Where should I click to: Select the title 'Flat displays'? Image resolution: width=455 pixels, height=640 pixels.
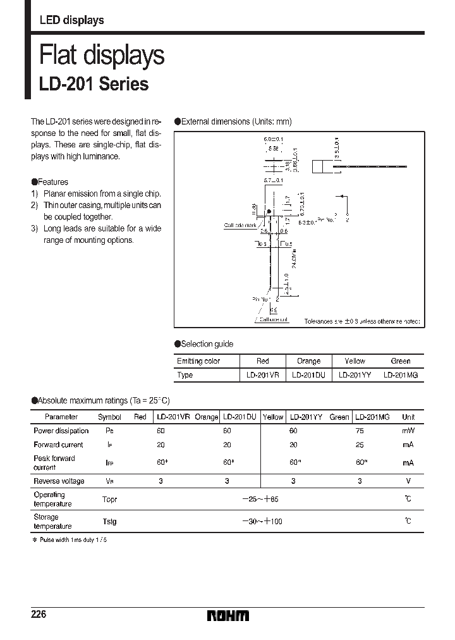[x=102, y=56]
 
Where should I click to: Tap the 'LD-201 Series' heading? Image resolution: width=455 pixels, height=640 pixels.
[x=94, y=84]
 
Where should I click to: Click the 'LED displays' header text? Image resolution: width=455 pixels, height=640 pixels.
[x=71, y=20]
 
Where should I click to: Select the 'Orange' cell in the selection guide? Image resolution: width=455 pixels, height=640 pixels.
[x=308, y=361]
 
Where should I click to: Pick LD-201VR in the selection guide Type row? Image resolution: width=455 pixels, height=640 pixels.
[x=262, y=375]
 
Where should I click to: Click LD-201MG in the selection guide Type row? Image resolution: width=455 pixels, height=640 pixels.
[x=401, y=375]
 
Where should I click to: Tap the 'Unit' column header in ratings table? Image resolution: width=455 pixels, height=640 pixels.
[x=408, y=417]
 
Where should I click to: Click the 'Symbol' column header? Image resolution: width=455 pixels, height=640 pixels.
[x=109, y=417]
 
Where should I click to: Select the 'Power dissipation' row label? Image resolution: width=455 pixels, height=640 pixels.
[x=61, y=431]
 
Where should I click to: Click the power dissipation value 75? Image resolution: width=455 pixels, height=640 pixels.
[x=360, y=431]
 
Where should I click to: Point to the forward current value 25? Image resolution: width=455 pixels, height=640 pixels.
[x=360, y=445]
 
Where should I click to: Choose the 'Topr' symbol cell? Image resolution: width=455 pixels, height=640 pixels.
[x=109, y=499]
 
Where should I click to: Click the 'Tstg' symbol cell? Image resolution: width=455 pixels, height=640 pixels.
[x=109, y=522]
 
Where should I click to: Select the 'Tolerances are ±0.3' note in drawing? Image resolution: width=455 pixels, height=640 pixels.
[x=361, y=321]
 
